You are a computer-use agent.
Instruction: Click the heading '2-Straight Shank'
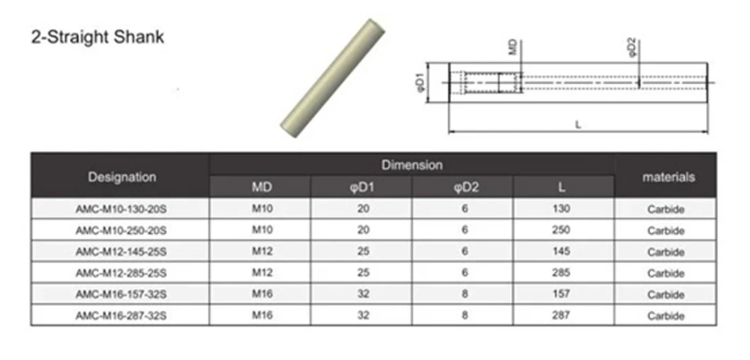point(98,37)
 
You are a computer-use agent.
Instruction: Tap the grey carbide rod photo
point(332,78)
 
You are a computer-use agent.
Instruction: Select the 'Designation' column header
point(122,176)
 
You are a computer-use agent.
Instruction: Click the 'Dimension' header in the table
point(412,165)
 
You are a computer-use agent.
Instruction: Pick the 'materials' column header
point(669,176)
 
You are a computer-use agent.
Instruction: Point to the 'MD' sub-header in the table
point(261,187)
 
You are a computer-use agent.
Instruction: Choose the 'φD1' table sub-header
point(363,187)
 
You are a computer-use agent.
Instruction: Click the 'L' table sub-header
point(562,187)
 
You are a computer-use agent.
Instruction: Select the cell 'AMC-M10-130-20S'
point(121,209)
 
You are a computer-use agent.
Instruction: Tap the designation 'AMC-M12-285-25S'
point(121,274)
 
